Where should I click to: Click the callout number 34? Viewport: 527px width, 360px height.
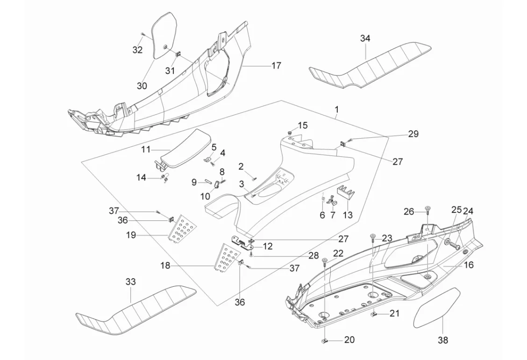(365, 39)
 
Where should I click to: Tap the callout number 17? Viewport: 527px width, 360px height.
(276, 66)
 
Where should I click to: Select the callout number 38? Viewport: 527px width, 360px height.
(442, 340)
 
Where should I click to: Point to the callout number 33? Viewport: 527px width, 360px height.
(130, 282)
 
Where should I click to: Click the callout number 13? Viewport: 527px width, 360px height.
(348, 215)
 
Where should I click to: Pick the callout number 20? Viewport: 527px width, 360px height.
(349, 340)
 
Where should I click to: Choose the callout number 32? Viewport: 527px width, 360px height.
(137, 50)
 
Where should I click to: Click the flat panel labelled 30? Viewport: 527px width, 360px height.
(164, 35)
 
